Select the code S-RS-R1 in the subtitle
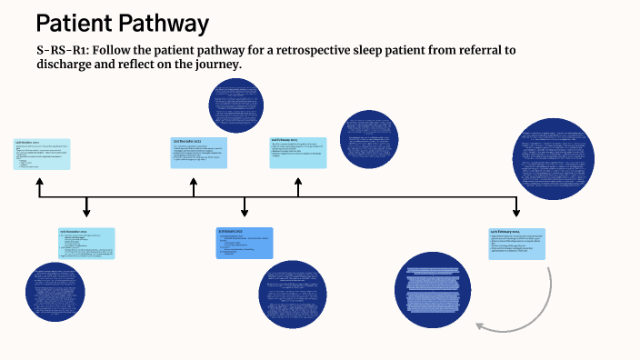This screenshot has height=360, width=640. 62,50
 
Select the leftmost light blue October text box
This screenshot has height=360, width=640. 40,154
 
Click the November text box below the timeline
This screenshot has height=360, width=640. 86,243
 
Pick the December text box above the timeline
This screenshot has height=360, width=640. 198,152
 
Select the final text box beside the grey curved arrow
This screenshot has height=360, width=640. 517,244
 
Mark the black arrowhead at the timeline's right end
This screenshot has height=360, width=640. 517,212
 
